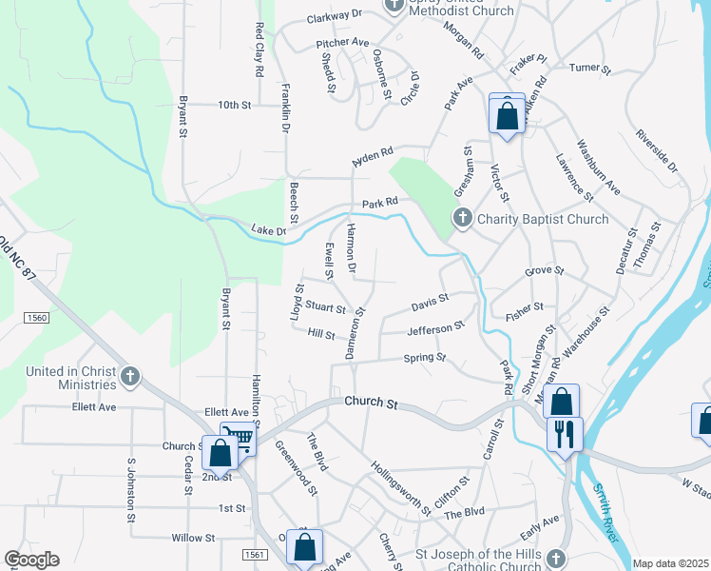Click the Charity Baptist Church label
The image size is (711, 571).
[x=543, y=219]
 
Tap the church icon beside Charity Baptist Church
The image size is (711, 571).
[x=461, y=219]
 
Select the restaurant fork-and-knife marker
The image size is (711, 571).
[x=565, y=435]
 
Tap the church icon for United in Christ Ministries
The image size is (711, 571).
[x=130, y=378]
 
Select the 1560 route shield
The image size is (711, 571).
[x=37, y=317]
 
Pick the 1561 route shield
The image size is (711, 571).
[x=254, y=554]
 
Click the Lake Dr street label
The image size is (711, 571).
[x=268, y=229]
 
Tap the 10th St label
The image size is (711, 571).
[x=234, y=105]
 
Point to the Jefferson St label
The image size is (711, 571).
[x=435, y=329]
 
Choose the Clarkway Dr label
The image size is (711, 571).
[x=335, y=16]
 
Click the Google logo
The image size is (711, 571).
[x=32, y=560]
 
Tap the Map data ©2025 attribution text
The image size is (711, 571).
[x=670, y=563]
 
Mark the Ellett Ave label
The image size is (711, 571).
[x=93, y=407]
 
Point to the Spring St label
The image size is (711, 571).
[x=425, y=358]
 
